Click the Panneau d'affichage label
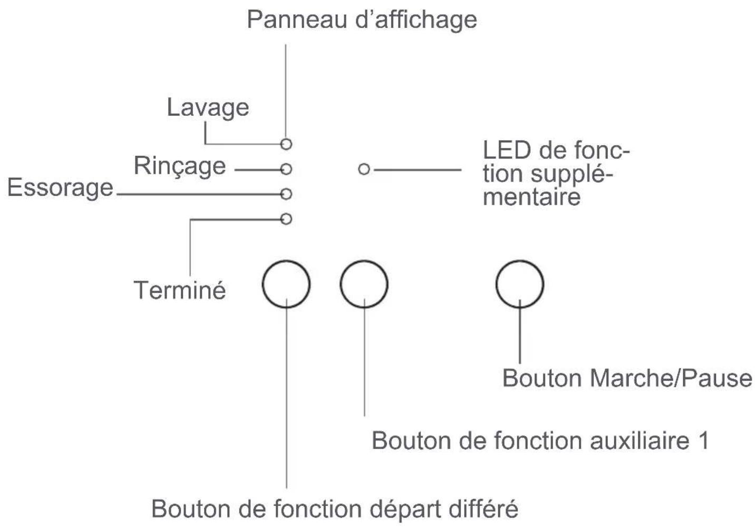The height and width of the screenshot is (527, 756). tap(362, 20)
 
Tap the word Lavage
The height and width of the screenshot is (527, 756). tap(208, 107)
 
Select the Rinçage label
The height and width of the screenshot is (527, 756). tap(180, 166)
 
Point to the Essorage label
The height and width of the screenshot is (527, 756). tap(60, 188)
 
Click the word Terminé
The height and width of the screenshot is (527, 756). tap(180, 290)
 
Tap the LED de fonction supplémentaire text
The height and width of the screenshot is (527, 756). tap(556, 173)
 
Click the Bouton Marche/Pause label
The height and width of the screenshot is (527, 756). tap(627, 379)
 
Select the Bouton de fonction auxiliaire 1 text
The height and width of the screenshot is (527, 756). tap(540, 441)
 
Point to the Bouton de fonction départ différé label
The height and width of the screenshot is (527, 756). tap(335, 509)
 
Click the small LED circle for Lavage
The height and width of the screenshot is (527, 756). tap(286, 144)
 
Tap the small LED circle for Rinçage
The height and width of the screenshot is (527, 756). tap(286, 169)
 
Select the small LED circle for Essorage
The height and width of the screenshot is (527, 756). tap(286, 194)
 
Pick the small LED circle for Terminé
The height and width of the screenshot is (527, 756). tap(286, 218)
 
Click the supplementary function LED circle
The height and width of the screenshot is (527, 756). tap(364, 170)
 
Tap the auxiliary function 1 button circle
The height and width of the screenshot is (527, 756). tap(364, 284)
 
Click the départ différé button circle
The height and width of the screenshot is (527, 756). tap(286, 284)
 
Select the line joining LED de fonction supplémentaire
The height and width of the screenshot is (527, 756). tap(416, 170)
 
